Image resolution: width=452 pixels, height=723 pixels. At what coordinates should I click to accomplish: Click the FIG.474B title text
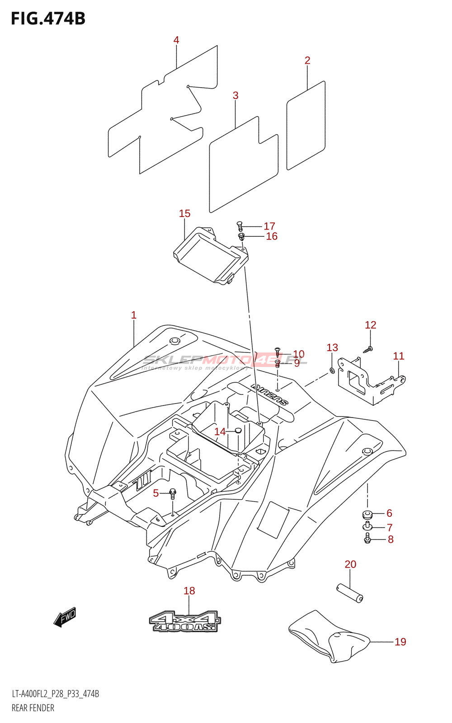[x=48, y=19]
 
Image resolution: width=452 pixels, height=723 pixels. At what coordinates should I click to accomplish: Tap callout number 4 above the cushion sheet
[x=176, y=40]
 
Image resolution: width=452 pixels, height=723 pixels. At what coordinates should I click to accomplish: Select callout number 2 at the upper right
[x=307, y=61]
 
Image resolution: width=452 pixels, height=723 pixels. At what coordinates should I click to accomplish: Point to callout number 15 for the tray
[x=184, y=214]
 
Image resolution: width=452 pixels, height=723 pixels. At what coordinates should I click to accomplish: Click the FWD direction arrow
[x=65, y=617]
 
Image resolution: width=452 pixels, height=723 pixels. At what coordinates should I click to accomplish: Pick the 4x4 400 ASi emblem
[x=185, y=622]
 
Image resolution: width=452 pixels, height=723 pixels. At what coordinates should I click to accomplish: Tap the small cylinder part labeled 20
[x=350, y=592]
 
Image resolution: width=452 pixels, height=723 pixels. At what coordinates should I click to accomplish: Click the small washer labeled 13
[x=332, y=371]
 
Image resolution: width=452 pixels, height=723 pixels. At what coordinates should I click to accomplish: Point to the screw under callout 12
[x=369, y=349]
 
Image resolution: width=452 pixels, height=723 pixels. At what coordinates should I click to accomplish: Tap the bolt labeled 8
[x=367, y=538]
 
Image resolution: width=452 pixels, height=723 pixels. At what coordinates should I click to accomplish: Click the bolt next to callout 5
[x=172, y=493]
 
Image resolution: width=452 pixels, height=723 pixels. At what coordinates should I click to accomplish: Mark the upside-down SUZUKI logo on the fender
[x=269, y=394]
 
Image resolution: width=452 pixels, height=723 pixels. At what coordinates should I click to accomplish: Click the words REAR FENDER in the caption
[x=33, y=708]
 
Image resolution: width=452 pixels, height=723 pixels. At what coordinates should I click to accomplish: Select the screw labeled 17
[x=240, y=225]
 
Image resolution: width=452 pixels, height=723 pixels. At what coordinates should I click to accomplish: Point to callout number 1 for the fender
[x=134, y=315]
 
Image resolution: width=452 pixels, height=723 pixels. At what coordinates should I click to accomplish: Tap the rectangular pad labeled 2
[x=306, y=126]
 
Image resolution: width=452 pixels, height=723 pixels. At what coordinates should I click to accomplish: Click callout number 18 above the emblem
[x=189, y=591]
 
